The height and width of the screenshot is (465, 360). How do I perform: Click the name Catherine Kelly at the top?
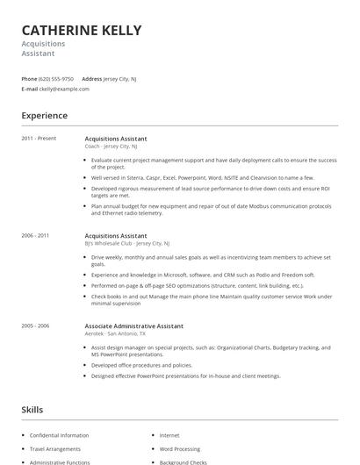pos(82,31)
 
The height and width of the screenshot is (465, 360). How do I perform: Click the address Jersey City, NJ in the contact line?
pos(120,79)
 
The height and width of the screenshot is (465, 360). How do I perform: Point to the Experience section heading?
pos(45,116)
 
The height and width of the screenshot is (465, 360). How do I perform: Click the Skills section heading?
pos(32,411)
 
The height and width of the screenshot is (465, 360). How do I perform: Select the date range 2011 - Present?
pos(39,139)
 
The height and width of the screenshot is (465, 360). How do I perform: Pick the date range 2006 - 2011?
pos(35,236)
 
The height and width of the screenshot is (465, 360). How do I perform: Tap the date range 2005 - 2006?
pos(35,325)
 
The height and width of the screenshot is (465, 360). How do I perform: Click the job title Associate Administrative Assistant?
pos(133,325)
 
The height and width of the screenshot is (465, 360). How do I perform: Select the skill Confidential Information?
pos(59,435)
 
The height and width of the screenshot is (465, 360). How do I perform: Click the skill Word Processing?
pos(180,448)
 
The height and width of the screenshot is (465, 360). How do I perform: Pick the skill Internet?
pos(169,435)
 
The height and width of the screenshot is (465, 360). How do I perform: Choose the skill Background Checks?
pos(183,461)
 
